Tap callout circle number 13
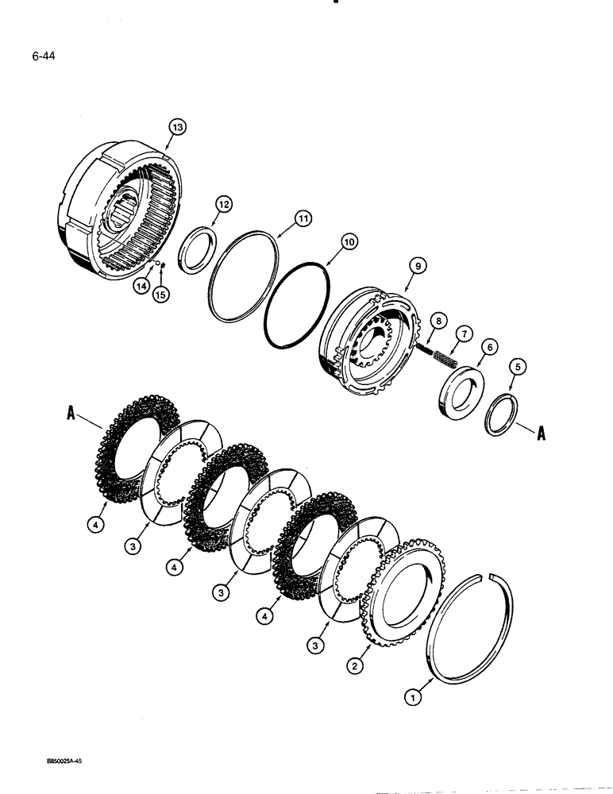[176, 125]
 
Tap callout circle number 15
[162, 296]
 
